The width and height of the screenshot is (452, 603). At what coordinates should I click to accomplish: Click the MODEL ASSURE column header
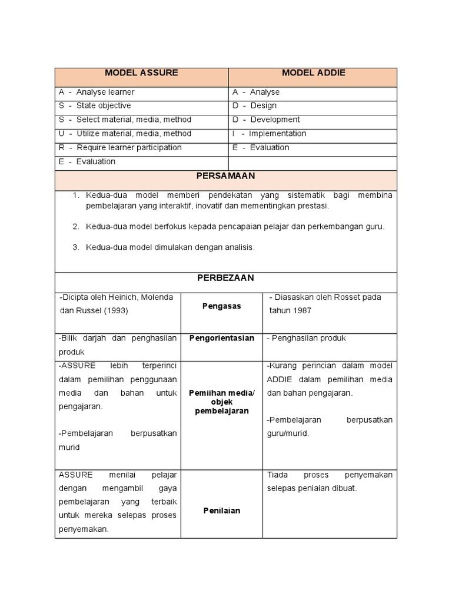coord(141,73)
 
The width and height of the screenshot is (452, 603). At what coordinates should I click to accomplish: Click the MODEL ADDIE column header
coord(313,73)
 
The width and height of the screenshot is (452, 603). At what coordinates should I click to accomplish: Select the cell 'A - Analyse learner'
coord(97,92)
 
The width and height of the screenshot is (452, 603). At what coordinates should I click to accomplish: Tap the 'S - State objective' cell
coord(95,106)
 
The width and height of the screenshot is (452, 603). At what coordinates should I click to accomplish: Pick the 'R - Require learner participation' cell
coord(121,148)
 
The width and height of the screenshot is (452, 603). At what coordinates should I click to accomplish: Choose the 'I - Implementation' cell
coord(270,134)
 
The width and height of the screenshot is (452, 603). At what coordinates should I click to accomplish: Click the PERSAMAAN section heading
coord(226,176)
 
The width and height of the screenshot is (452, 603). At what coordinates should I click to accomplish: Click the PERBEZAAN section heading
coord(226,278)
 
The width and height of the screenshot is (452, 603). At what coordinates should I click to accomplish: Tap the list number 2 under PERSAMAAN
coord(76,227)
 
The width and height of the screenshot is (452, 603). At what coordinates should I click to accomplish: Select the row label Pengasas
coord(222,306)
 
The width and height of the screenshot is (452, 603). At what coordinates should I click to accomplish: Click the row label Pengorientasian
coord(222,338)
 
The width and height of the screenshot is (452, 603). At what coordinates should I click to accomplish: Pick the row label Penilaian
coord(222,511)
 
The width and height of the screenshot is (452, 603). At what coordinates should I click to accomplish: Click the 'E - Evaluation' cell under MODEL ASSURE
coord(88,162)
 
